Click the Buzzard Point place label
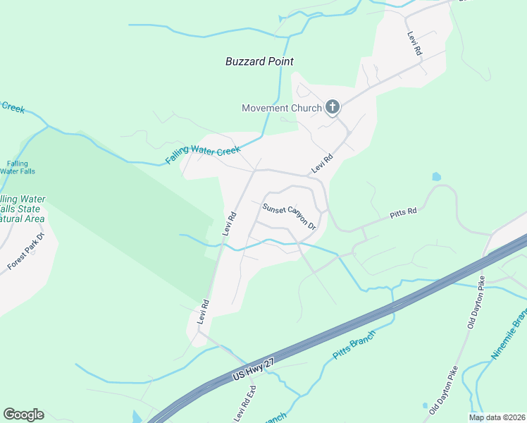[x=259, y=61]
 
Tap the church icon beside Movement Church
[x=333, y=107]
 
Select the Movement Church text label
[x=282, y=108]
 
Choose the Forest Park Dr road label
[x=25, y=252]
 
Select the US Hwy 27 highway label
[x=252, y=370]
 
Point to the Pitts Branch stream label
[x=354, y=345]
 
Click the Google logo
[x=23, y=415]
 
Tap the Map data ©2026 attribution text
[x=497, y=417]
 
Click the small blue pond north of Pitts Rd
[x=436, y=176]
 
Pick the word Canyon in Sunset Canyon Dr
[x=291, y=217]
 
